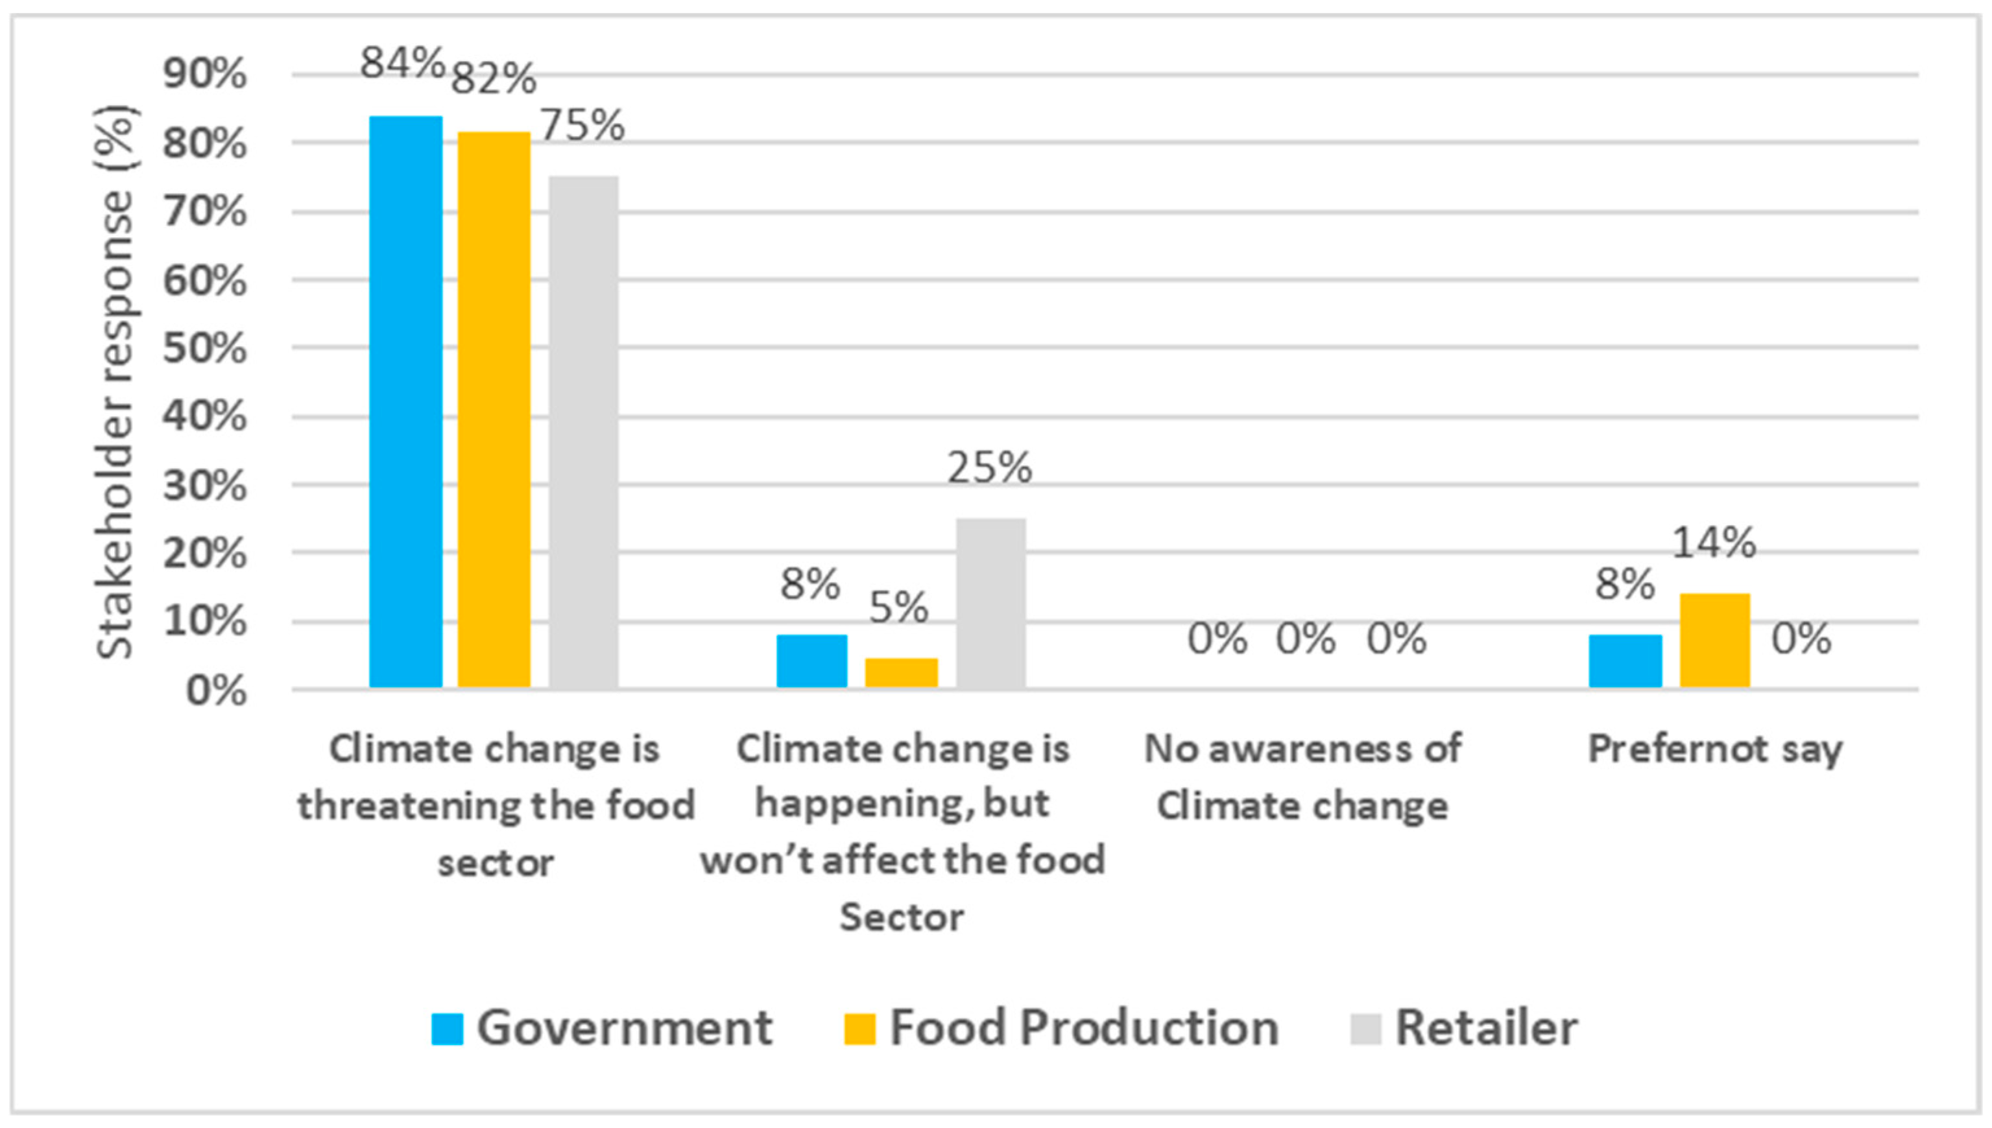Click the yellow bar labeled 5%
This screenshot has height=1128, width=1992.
pos(901,672)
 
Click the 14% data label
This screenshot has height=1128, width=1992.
pos(1713,543)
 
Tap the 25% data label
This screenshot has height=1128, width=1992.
pos(990,468)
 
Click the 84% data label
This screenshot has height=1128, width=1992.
pos(402,63)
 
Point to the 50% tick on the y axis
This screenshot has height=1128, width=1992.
pos(204,349)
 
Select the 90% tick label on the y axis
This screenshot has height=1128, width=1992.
pos(204,75)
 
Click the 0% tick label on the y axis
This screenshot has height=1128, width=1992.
pos(216,690)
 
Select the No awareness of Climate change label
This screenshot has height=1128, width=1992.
pos(1303,777)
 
